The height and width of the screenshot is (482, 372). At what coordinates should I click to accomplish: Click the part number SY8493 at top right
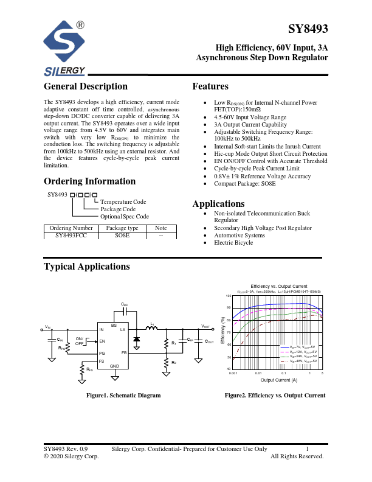(308, 29)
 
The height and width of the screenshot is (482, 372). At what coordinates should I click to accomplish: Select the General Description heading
(86, 86)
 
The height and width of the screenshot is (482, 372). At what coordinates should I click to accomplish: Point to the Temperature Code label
(123, 201)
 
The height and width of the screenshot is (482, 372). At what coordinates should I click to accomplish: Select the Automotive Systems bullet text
(239, 236)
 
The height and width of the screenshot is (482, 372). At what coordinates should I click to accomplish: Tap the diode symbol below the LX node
(136, 338)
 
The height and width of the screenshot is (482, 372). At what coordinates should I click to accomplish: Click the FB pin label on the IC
(123, 353)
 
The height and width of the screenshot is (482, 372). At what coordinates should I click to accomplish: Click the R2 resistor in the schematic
(166, 363)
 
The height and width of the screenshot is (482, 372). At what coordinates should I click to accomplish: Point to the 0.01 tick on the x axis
(258, 372)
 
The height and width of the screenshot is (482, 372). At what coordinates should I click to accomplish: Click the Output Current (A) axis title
(278, 380)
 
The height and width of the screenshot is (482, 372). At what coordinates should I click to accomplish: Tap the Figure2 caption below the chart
(275, 396)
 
